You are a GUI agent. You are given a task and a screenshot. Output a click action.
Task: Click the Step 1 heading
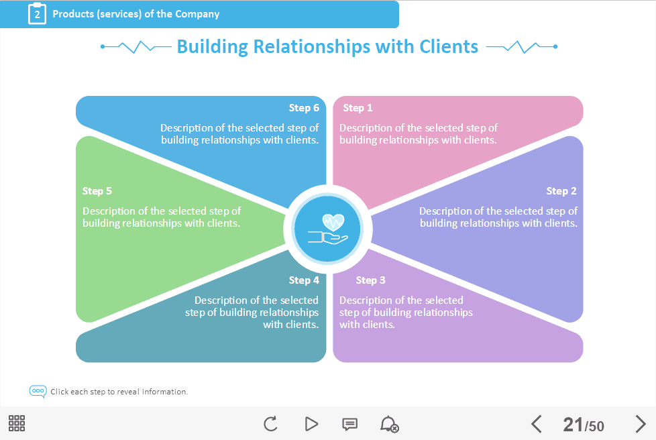358,108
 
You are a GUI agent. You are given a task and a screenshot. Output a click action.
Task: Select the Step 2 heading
561,191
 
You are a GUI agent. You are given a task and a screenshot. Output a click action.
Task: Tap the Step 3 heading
370,280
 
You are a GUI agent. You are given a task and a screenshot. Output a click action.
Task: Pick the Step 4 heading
304,280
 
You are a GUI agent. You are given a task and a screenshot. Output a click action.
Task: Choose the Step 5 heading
97,191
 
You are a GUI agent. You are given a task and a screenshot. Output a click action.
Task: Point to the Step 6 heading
304,108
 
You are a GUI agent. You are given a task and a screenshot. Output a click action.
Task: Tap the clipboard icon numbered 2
37,13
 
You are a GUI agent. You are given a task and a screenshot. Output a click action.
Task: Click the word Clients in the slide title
449,46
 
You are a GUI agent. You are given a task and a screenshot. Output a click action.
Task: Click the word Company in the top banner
197,14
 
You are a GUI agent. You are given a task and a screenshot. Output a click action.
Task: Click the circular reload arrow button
270,424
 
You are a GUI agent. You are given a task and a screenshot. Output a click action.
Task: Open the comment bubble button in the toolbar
349,424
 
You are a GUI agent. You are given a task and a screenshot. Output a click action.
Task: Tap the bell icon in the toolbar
388,424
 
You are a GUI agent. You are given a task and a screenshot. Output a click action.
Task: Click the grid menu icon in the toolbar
17,423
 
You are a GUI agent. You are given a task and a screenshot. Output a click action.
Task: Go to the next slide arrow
640,424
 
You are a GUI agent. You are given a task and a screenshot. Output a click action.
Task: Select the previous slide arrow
536,424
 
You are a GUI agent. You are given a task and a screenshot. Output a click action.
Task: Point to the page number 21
573,425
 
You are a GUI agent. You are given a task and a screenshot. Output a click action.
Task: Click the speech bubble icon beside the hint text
38,391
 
